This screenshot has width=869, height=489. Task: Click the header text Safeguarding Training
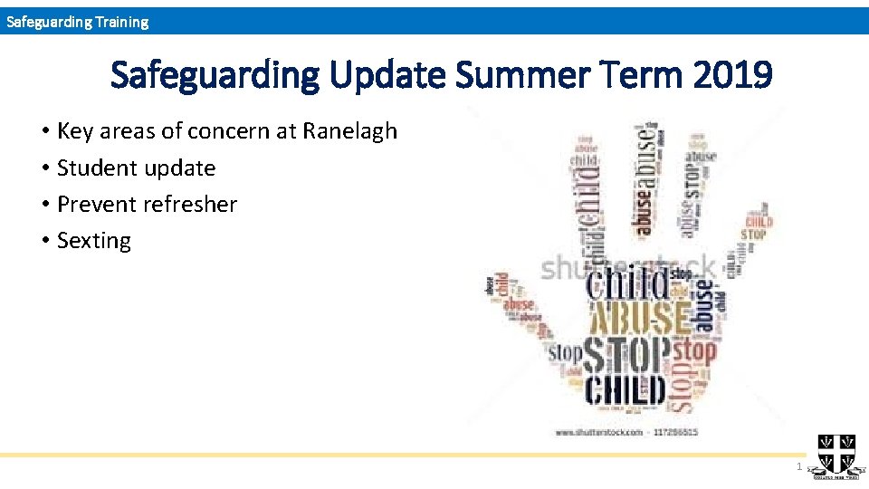click(77, 22)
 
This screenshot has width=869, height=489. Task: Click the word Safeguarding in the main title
click(214, 77)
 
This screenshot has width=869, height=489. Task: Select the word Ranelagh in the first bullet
click(349, 131)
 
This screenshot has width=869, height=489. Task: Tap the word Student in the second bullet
click(97, 168)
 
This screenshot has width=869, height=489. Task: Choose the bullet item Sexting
click(93, 241)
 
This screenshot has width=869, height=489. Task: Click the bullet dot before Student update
click(45, 168)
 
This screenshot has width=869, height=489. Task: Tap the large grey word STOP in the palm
click(627, 355)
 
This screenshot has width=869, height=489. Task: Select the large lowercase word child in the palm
click(629, 283)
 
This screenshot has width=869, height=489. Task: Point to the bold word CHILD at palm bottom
click(625, 390)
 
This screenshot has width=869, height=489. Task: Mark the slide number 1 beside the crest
click(797, 466)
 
